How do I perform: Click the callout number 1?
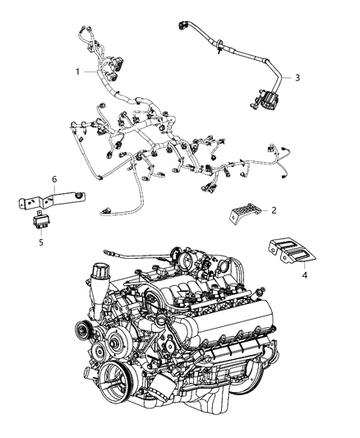[79, 71]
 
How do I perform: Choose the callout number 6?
[54, 179]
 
